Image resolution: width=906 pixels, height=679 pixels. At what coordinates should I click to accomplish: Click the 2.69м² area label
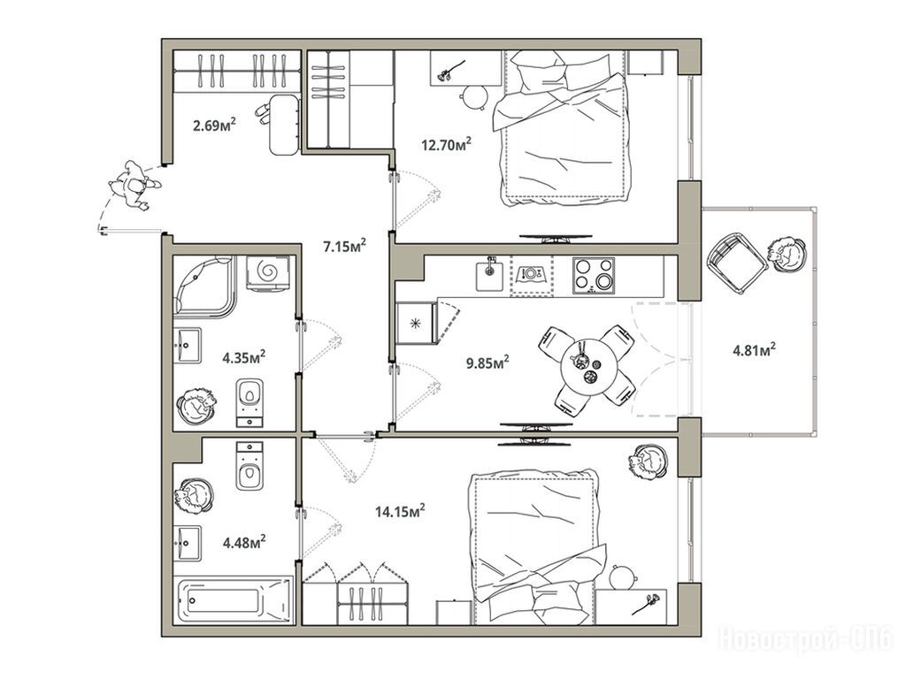(214, 125)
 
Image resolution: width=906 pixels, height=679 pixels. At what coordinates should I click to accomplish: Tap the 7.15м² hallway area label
(345, 247)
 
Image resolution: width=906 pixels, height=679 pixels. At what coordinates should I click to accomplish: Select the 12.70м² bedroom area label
(446, 144)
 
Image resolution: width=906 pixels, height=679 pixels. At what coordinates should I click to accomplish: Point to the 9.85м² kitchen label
(488, 363)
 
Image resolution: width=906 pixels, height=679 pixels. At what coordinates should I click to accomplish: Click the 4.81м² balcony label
(754, 350)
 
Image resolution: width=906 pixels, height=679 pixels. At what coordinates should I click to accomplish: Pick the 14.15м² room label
(400, 511)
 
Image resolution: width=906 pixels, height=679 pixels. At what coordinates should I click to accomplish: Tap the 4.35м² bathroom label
(244, 357)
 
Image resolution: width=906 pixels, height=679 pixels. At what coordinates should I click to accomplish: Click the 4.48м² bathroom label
(244, 542)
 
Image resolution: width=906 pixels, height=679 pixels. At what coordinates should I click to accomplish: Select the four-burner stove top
(594, 276)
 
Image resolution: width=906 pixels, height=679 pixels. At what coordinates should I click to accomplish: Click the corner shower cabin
(204, 286)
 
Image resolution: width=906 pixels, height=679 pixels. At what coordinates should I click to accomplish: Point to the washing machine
(269, 272)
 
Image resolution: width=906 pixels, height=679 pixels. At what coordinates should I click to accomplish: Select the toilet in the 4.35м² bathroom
(250, 403)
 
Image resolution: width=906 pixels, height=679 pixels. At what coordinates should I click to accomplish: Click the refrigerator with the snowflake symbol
(416, 324)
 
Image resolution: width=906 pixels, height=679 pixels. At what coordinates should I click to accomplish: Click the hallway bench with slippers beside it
(286, 125)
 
